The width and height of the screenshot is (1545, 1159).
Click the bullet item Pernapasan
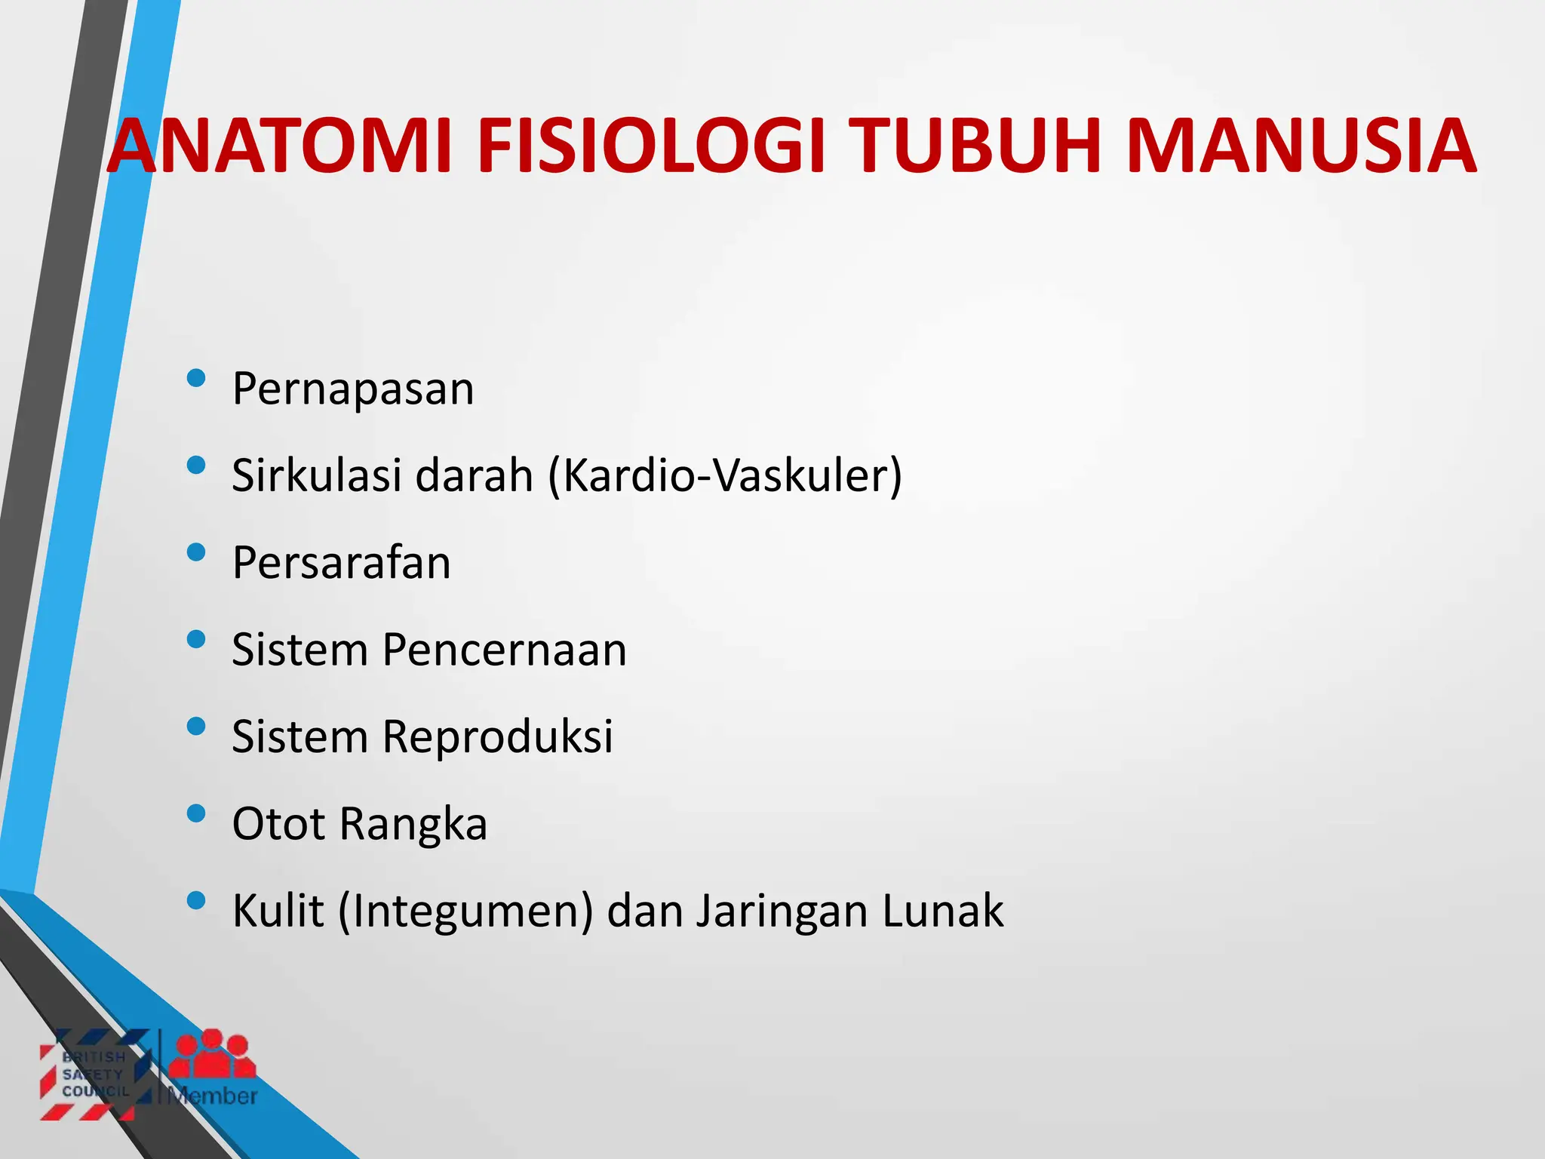pyautogui.click(x=353, y=389)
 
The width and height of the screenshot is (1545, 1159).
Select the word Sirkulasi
pyautogui.click(x=317, y=475)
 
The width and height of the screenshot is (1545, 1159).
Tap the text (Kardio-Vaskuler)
pyautogui.click(x=725, y=477)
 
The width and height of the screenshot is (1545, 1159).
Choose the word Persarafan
pyautogui.click(x=342, y=563)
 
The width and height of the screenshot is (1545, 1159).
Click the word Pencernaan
pyautogui.click(x=504, y=650)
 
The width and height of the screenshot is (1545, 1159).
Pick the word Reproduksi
pyautogui.click(x=497, y=737)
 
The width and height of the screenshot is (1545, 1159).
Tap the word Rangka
pyautogui.click(x=413, y=825)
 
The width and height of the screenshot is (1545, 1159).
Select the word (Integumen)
pyautogui.click(x=465, y=912)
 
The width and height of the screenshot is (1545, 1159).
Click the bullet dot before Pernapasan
pyautogui.click(x=196, y=378)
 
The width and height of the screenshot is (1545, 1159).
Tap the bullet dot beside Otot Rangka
pyautogui.click(x=196, y=813)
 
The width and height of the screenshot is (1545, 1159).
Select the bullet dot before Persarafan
pyautogui.click(x=196, y=552)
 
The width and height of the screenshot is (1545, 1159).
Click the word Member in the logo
pyautogui.click(x=213, y=1096)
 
